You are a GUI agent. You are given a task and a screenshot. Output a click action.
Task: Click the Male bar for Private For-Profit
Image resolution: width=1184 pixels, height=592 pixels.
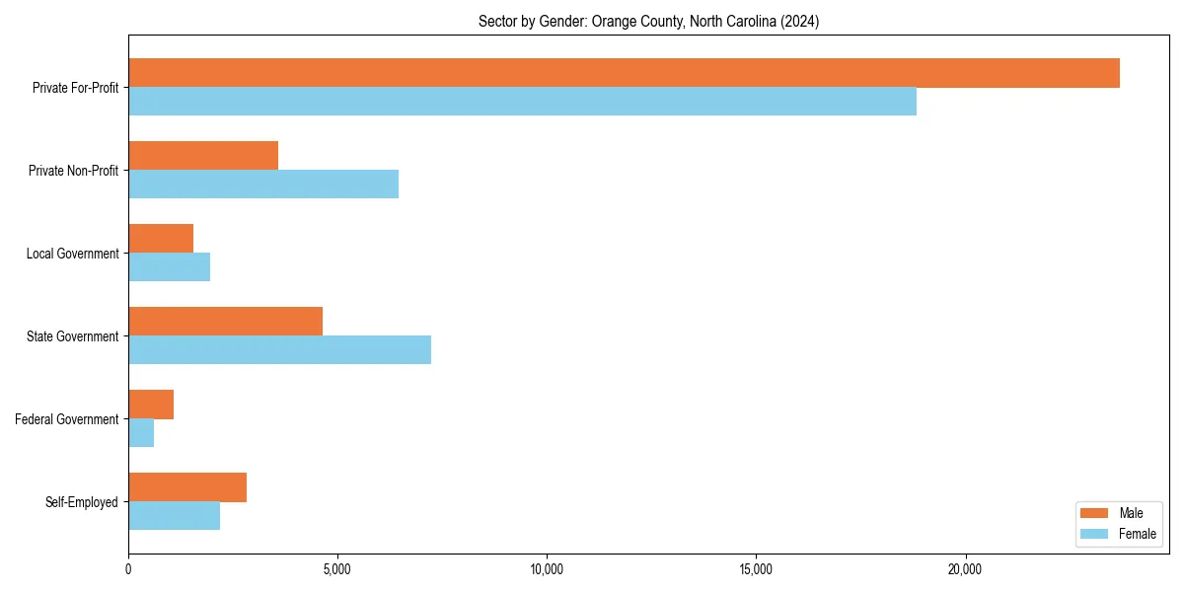coord(624,73)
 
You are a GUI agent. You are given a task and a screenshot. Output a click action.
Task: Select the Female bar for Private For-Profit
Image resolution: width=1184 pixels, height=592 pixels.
coord(522,102)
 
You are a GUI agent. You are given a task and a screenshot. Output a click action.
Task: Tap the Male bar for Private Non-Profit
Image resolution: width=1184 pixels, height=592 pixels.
coord(203,156)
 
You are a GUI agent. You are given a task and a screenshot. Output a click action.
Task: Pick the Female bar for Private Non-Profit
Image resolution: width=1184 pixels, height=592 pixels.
coord(263,185)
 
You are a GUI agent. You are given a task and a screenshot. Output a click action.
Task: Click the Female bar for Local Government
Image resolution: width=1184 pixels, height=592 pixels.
coord(169,267)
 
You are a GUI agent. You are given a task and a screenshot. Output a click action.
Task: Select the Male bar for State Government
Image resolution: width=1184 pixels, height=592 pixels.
coord(225,322)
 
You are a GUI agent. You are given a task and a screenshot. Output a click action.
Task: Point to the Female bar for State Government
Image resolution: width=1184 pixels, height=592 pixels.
coord(279,350)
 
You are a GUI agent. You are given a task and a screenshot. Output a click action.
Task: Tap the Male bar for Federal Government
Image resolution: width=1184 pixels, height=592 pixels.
coord(151,405)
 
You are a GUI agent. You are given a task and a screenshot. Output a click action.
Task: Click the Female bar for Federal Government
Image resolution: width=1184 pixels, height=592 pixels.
coord(141,433)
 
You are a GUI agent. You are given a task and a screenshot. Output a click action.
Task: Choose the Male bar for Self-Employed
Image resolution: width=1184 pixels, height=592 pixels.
coord(187,487)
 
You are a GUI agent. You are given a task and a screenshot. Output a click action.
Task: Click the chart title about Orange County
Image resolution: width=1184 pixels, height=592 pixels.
coord(648,21)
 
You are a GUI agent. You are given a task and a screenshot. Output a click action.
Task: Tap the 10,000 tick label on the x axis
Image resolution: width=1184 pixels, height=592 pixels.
coord(547,569)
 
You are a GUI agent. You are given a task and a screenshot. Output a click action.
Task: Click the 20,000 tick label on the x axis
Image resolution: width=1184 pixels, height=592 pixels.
coord(965,569)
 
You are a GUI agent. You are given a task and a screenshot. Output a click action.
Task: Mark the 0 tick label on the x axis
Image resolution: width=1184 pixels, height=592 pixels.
coord(128,569)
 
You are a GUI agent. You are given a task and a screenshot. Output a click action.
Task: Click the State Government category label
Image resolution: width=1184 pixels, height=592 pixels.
coord(72,336)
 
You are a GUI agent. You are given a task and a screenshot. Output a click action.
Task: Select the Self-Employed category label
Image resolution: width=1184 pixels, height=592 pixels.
coord(81,502)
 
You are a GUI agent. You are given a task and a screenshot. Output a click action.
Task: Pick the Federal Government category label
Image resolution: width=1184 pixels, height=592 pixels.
coord(67,419)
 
